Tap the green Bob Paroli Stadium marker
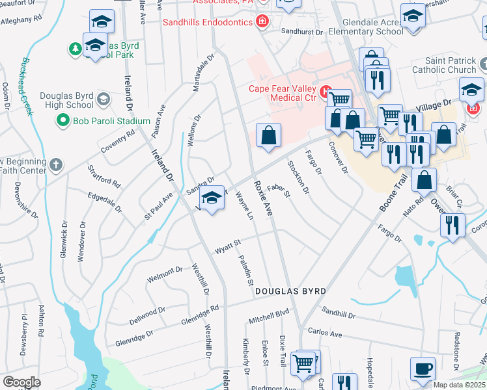(63, 120)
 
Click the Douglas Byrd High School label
(66, 100)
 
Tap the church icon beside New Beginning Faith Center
(56, 164)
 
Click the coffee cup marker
(423, 368)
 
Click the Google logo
(21, 382)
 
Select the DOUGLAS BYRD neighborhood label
(290, 290)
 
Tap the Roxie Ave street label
(262, 198)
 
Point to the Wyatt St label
(229, 247)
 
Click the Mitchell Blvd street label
(268, 317)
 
